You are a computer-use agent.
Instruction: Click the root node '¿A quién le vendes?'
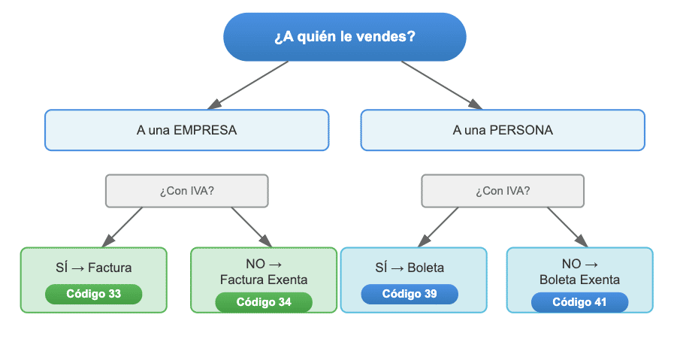(x=344, y=37)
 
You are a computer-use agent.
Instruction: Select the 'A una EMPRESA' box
(x=186, y=130)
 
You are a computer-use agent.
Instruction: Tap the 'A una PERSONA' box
(x=503, y=130)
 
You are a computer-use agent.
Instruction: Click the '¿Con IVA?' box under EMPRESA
(x=186, y=191)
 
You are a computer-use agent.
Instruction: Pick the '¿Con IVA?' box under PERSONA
(x=503, y=191)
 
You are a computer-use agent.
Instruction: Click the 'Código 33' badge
(x=93, y=294)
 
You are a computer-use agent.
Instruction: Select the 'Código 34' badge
(x=263, y=302)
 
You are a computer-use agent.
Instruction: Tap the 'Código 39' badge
(x=410, y=294)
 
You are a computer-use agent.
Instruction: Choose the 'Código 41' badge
(x=579, y=302)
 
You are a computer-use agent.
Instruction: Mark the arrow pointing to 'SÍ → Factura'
(x=122, y=226)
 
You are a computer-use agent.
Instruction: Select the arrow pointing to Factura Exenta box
(x=251, y=226)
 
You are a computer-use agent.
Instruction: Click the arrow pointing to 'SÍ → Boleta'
(x=438, y=226)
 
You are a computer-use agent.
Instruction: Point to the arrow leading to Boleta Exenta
(x=567, y=226)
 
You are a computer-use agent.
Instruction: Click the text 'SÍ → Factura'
(x=94, y=268)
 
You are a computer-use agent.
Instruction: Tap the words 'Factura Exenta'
(x=263, y=280)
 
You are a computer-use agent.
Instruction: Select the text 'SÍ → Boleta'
(x=410, y=268)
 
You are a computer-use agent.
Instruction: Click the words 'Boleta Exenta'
(x=579, y=280)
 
